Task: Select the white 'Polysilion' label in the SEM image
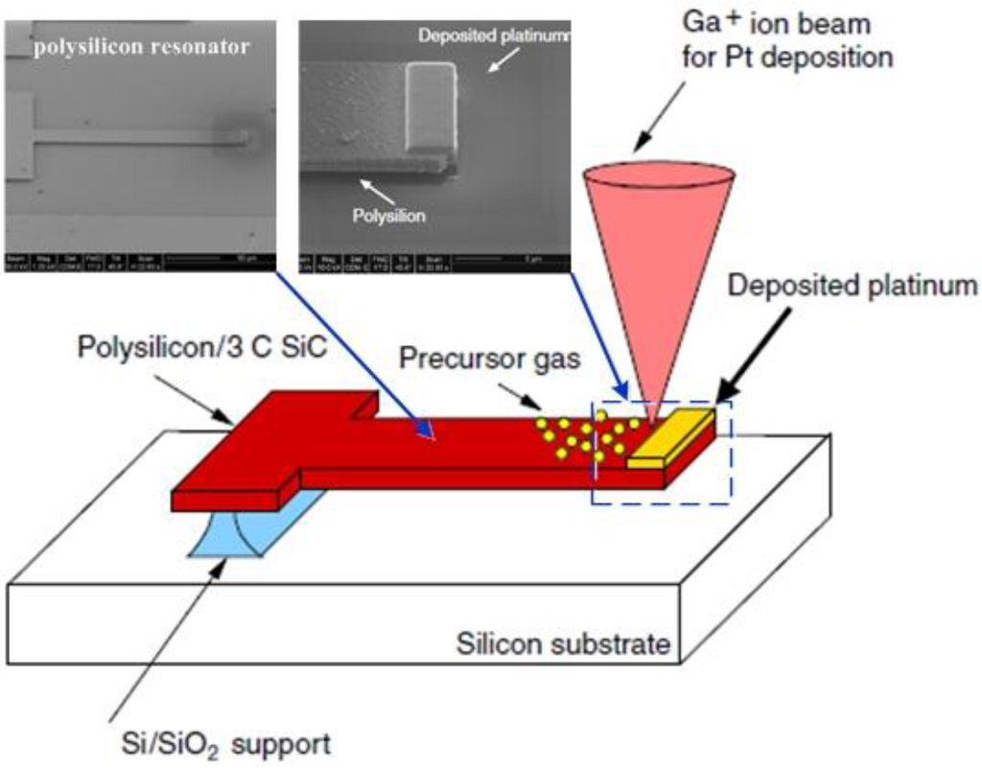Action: click(x=388, y=216)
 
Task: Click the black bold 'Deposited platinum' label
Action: click(x=853, y=285)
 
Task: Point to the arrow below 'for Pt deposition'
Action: click(x=662, y=115)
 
